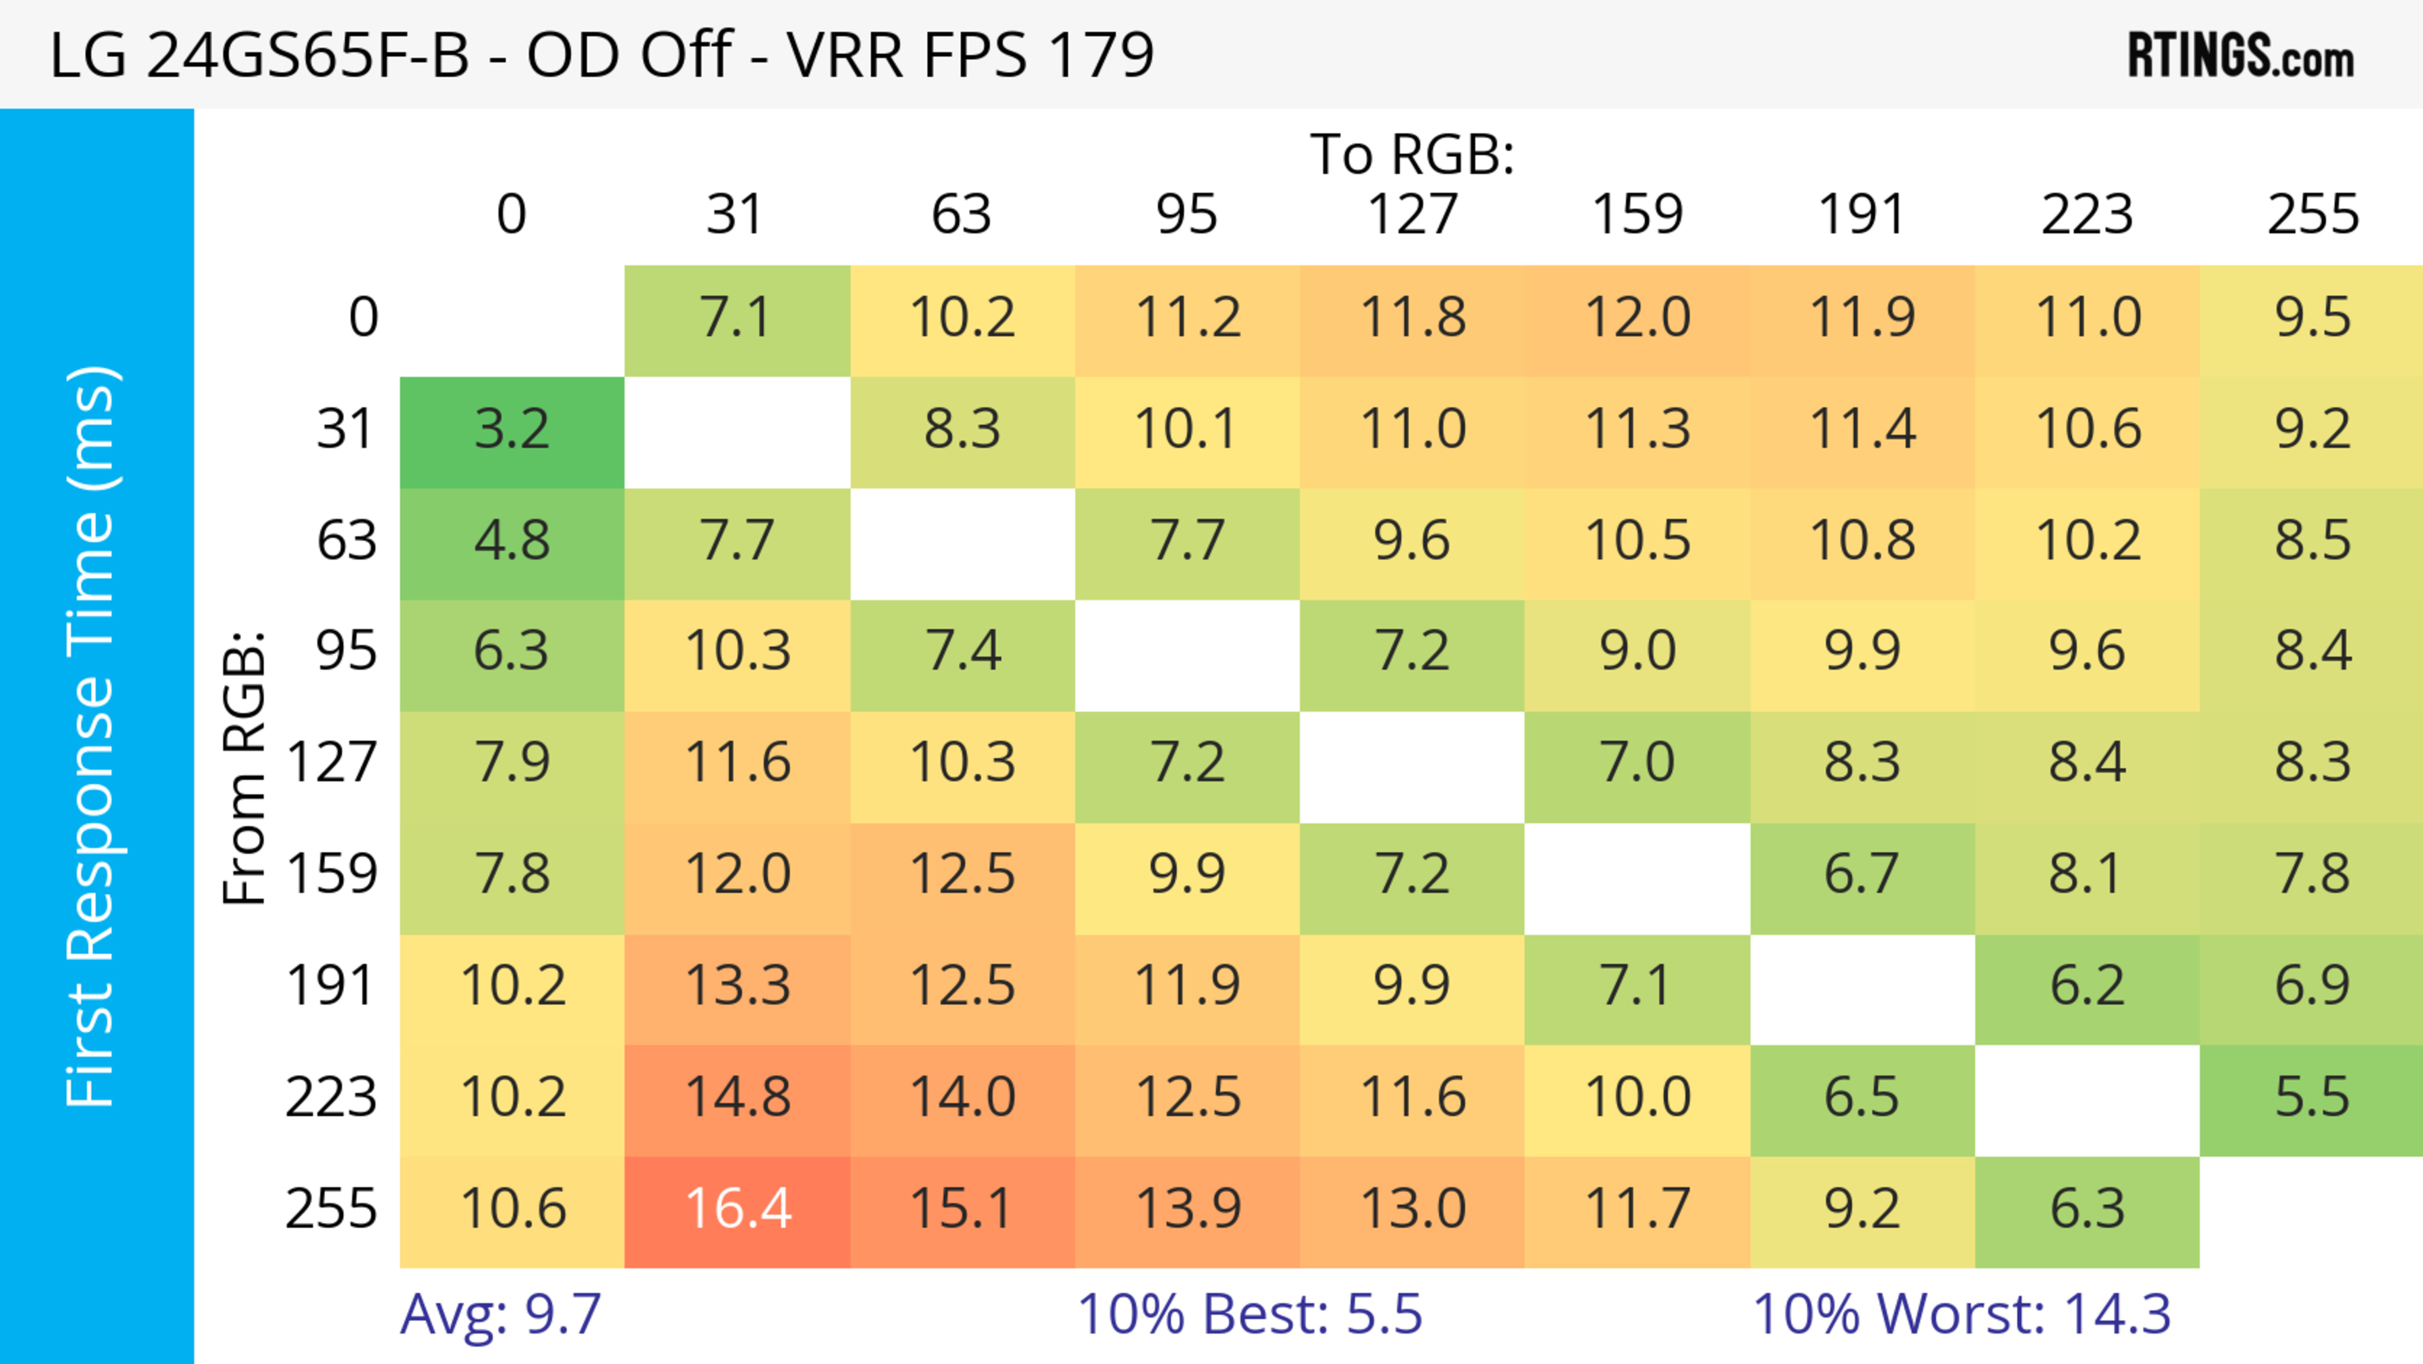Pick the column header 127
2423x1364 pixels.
[x=1412, y=215]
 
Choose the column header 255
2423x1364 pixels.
[x=2312, y=215]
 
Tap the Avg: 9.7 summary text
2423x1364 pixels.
[x=500, y=1314]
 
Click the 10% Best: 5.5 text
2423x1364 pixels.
[x=1249, y=1314]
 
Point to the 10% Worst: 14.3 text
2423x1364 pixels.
[x=1961, y=1314]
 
